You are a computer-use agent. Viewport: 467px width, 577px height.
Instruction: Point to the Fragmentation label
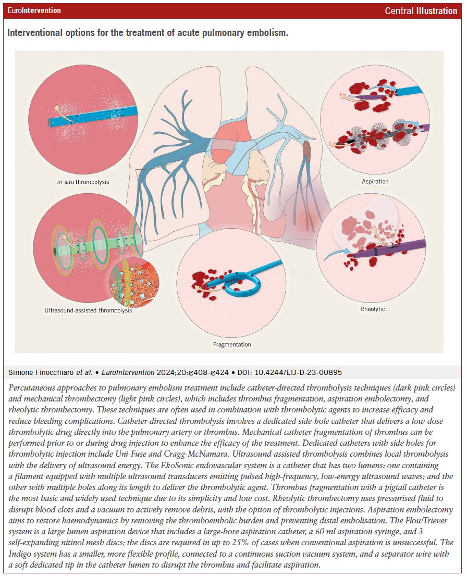click(232, 344)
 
